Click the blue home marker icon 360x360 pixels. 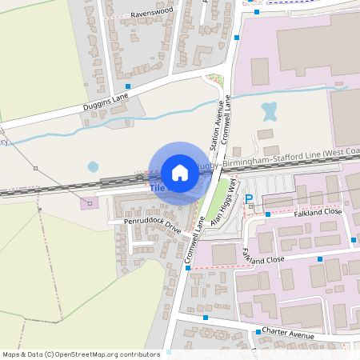(x=180, y=173)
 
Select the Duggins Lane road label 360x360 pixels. (x=106, y=101)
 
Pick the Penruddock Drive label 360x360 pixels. (x=153, y=222)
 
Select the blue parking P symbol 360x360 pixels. (x=249, y=198)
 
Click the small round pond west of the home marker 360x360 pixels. (x=93, y=166)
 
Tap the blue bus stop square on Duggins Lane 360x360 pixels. (x=128, y=86)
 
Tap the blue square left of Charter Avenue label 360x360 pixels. (x=257, y=330)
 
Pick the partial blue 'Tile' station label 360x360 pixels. (x=156, y=188)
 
